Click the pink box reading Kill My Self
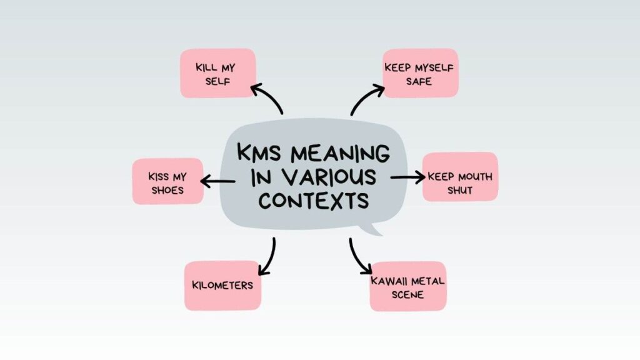pos(217,73)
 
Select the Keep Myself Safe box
pos(419,73)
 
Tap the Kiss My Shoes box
pos(167,181)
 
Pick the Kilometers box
pos(222,286)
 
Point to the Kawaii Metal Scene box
pos(407,286)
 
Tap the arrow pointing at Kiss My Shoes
pos(217,182)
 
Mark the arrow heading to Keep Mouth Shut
pos(407,177)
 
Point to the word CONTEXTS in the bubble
pos(313,201)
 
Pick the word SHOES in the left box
pos(167,189)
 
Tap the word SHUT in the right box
pos(459,189)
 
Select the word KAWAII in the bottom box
pos(388,281)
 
